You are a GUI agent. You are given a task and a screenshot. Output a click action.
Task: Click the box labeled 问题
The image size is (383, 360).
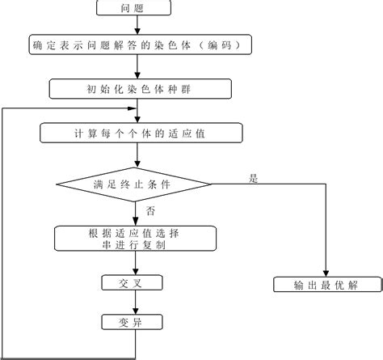(x=133, y=8)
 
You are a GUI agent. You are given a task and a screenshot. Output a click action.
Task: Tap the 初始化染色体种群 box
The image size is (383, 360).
(x=134, y=87)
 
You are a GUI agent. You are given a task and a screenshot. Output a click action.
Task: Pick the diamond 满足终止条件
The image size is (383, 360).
(x=135, y=184)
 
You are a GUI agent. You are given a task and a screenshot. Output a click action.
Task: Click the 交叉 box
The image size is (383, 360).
(x=134, y=283)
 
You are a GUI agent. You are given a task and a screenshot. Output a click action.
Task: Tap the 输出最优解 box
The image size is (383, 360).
(x=326, y=285)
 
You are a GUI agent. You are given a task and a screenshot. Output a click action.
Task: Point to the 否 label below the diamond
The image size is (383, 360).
(x=150, y=211)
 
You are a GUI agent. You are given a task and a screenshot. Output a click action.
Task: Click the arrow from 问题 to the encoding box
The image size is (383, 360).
(x=134, y=25)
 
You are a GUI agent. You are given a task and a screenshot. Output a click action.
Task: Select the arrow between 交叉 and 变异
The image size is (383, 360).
(x=134, y=303)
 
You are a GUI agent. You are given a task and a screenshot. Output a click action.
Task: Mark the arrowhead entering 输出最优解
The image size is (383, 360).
(x=326, y=273)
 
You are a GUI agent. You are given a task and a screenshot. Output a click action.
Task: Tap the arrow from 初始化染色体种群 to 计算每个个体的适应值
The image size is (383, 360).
(x=134, y=109)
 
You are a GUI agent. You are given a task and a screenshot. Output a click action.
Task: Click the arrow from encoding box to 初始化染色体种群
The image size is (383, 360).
(x=134, y=66)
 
